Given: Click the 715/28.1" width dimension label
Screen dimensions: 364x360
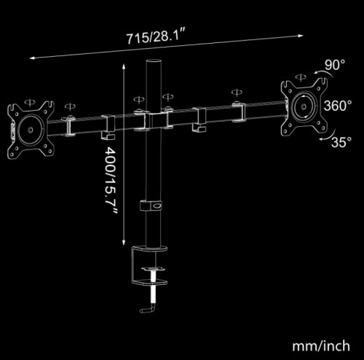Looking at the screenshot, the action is point(157,37).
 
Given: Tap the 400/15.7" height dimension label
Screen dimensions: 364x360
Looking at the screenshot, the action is point(111,181).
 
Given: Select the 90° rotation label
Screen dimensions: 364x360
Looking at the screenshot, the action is point(335,65).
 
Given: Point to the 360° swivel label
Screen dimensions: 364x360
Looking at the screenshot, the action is point(338,106).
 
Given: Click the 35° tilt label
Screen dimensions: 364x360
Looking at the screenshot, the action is point(341,142).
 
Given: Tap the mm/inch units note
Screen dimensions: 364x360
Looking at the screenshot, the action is point(321,345).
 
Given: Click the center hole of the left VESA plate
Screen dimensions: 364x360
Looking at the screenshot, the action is point(31,130).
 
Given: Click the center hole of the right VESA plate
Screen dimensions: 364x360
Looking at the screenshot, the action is point(304,106).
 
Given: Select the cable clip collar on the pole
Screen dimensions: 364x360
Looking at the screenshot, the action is point(151,206).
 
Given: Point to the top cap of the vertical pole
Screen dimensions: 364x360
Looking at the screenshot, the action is point(154,61).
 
